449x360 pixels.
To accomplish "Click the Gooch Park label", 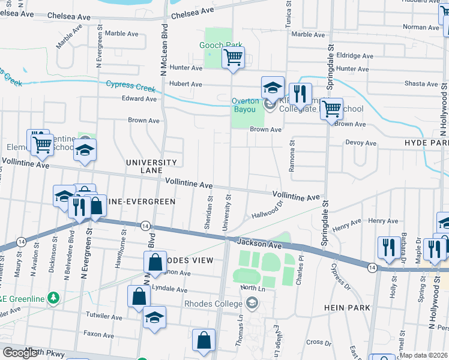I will point(221,45).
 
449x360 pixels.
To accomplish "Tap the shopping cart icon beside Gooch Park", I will point(232,58).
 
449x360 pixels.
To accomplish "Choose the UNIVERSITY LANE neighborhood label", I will point(151,167).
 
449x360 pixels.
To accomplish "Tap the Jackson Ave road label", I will point(259,243).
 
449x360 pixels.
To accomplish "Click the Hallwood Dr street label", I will point(267,211).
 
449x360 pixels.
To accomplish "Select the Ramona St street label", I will point(292,156).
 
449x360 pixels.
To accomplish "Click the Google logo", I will point(20,353).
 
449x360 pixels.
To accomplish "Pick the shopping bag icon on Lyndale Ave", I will point(139,296).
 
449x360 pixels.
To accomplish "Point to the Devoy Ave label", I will point(361,143).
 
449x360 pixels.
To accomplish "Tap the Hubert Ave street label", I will point(185,85).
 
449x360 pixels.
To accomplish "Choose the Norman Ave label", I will point(421,27).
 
